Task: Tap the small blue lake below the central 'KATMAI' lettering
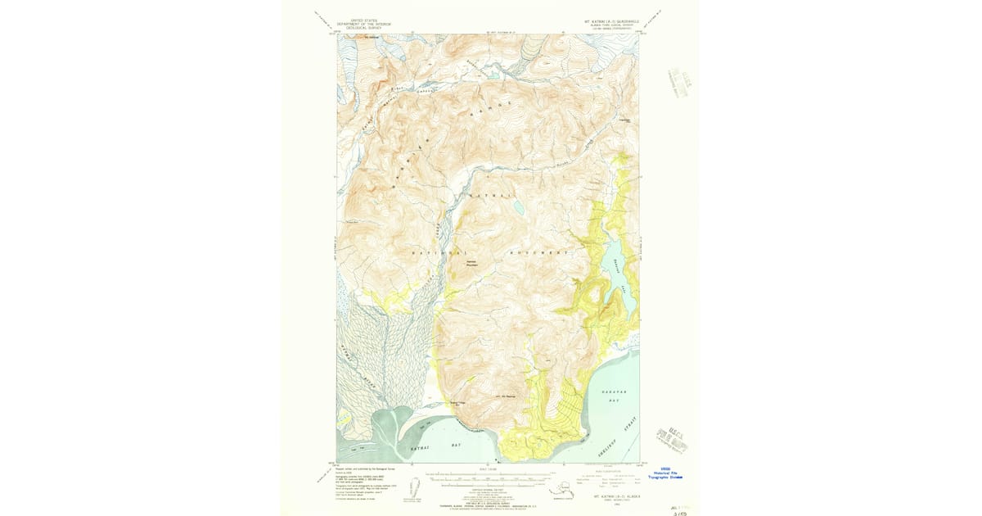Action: [x=519, y=210]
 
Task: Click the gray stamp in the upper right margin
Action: [x=677, y=83]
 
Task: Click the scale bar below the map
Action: [x=489, y=478]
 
